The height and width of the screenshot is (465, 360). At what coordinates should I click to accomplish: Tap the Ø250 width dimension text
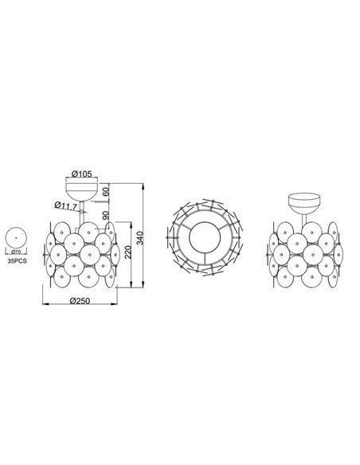[83, 300]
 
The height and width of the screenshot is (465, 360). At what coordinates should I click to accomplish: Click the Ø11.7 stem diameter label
[66, 205]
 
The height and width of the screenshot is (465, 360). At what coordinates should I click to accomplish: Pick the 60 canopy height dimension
[107, 193]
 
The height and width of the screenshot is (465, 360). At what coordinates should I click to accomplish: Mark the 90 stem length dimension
[107, 216]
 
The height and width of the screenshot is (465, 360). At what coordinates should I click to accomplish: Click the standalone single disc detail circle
[16, 236]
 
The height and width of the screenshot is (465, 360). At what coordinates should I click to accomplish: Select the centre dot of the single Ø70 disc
[16, 236]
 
